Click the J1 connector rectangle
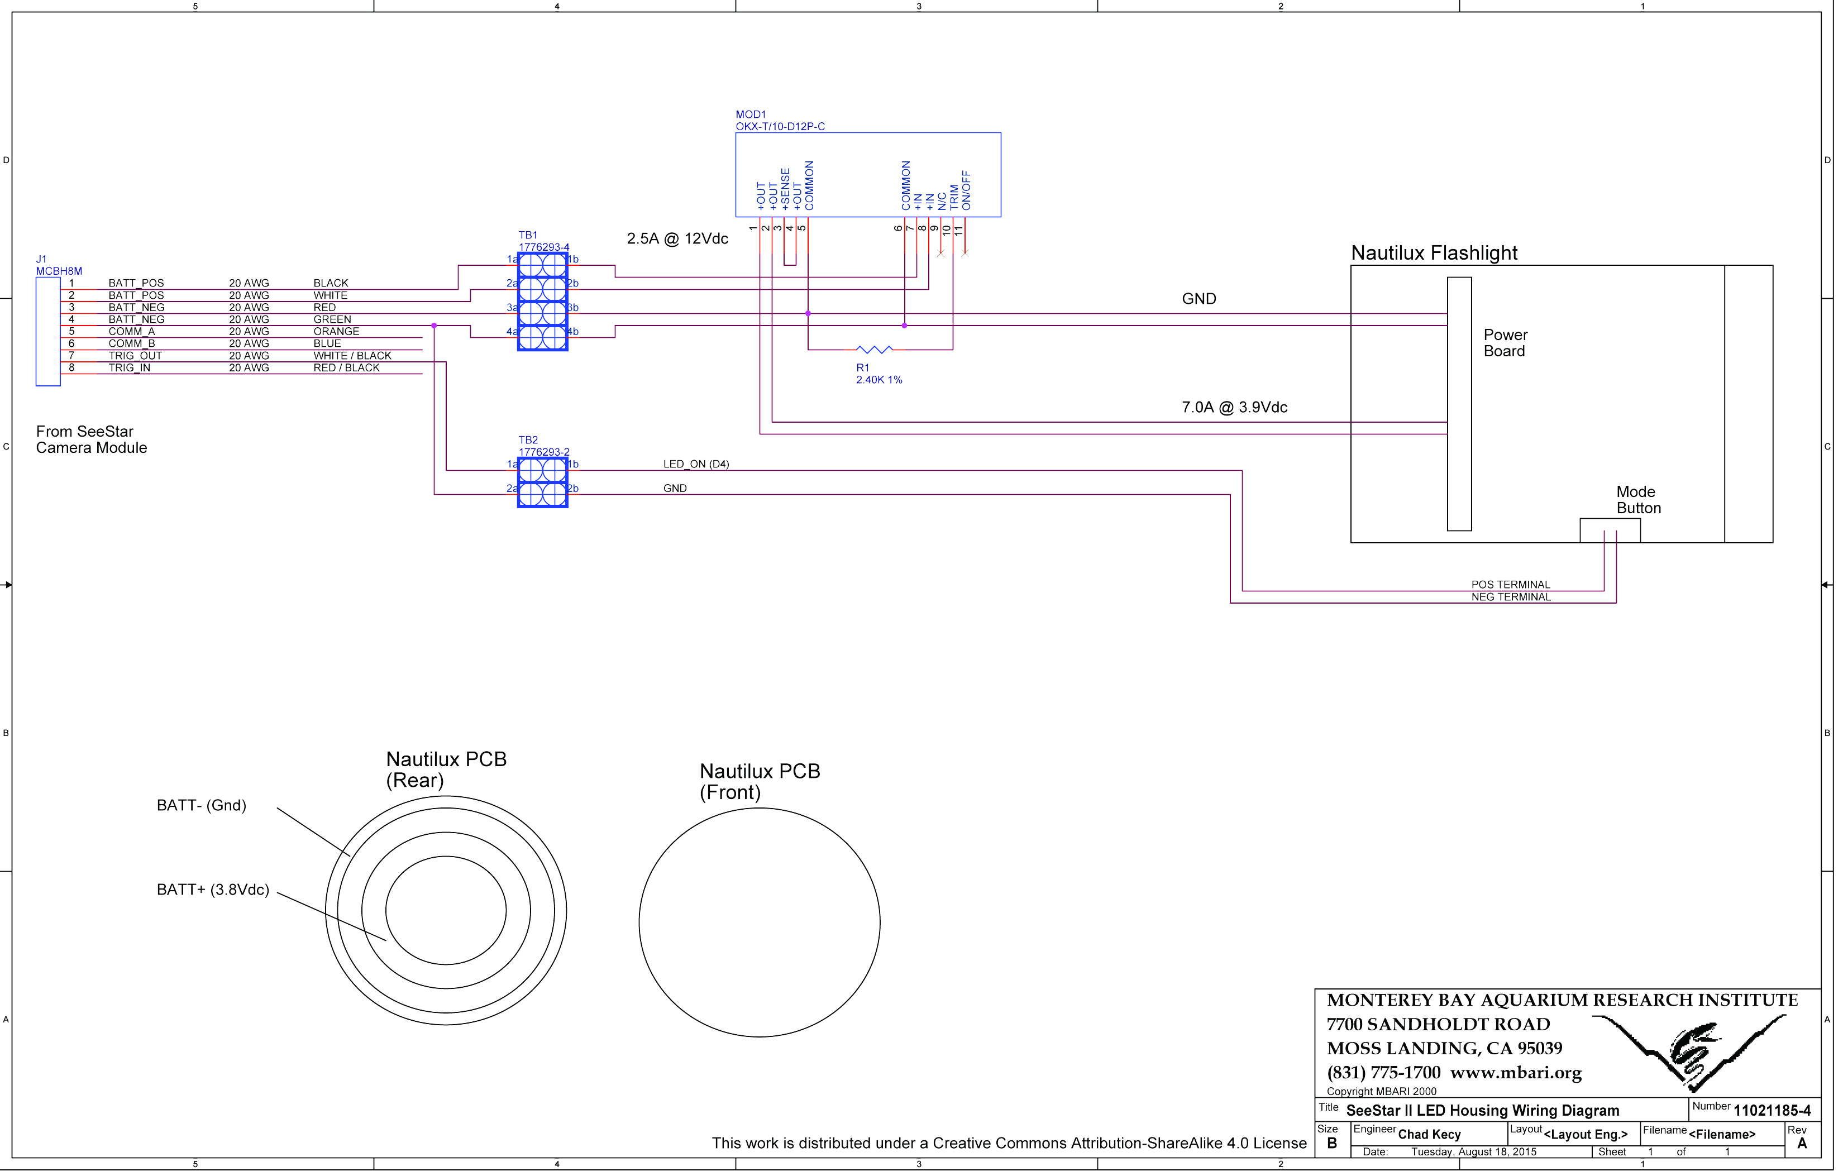(48, 333)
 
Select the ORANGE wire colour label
(337, 333)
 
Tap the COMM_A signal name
(132, 333)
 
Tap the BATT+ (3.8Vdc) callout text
(213, 893)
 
